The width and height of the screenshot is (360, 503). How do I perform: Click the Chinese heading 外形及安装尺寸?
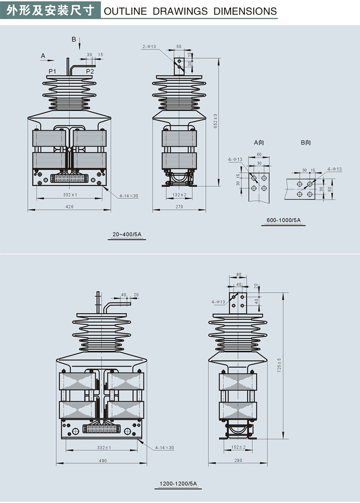tap(51, 10)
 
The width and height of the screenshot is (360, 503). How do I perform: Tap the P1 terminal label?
tap(52, 71)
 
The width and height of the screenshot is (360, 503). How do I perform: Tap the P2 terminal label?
tap(90, 71)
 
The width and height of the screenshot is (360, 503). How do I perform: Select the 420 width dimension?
tap(70, 207)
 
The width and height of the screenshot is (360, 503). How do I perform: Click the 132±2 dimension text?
tap(180, 195)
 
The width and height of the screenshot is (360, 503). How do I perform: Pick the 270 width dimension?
tap(179, 207)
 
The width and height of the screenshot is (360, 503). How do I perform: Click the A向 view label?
tap(259, 143)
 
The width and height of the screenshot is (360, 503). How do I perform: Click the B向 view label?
tap(306, 143)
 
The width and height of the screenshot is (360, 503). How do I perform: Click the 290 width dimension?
tap(238, 461)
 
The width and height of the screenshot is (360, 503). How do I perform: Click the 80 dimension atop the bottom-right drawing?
tap(239, 274)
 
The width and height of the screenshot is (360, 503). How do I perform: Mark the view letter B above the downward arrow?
tap(74, 39)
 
